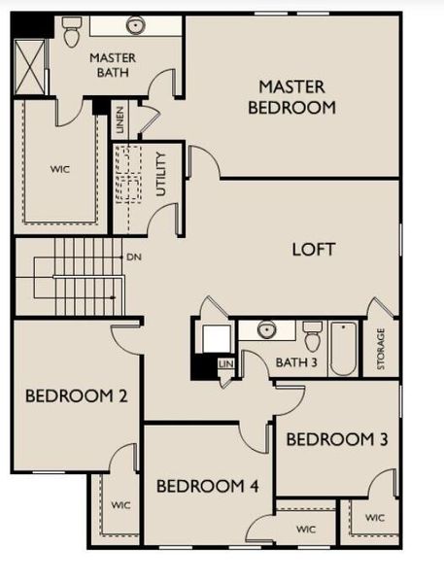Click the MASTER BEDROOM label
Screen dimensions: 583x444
tap(291, 96)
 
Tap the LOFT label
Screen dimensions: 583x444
tap(314, 250)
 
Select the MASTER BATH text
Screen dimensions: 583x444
tap(113, 64)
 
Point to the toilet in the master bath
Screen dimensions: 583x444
tap(71, 35)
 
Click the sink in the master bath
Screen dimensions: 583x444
tap(135, 25)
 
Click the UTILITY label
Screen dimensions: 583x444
tap(161, 174)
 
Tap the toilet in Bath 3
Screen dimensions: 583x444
tap(312, 337)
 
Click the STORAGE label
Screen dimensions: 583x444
tap(381, 348)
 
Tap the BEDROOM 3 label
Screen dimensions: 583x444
tap(337, 439)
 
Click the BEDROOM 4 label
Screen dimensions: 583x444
tap(207, 486)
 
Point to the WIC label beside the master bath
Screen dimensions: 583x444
tap(60, 168)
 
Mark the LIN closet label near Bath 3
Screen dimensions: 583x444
tap(225, 364)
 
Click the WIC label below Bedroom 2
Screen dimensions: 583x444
tap(120, 505)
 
